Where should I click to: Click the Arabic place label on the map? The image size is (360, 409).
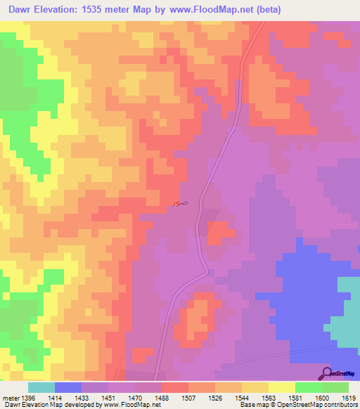(x=179, y=202)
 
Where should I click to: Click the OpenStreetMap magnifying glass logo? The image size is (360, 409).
(x=328, y=373)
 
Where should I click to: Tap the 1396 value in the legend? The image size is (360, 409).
(x=28, y=398)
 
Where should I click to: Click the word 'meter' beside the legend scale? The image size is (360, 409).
(x=10, y=398)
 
